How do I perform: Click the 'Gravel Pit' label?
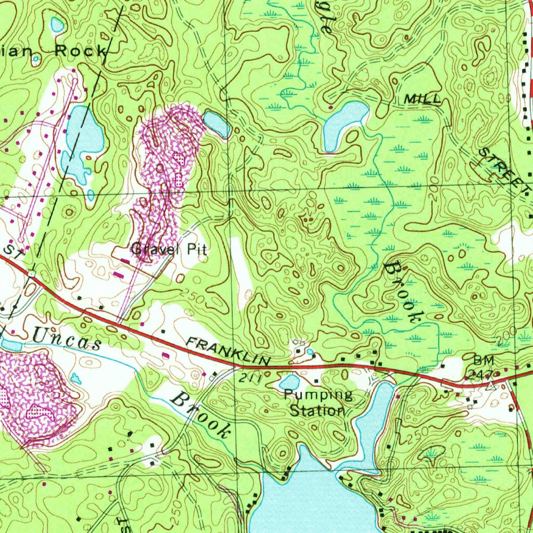click(x=169, y=249)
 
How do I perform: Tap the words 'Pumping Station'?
click(x=318, y=402)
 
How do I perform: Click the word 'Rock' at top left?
click(x=81, y=51)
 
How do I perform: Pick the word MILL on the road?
click(x=422, y=99)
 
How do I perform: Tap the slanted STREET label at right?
click(x=502, y=169)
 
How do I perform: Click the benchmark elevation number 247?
click(x=477, y=373)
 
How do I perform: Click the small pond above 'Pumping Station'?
click(x=289, y=382)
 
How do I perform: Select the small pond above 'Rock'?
click(x=57, y=24)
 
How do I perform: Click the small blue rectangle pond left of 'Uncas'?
click(x=11, y=345)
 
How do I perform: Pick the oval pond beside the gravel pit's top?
click(x=216, y=123)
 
